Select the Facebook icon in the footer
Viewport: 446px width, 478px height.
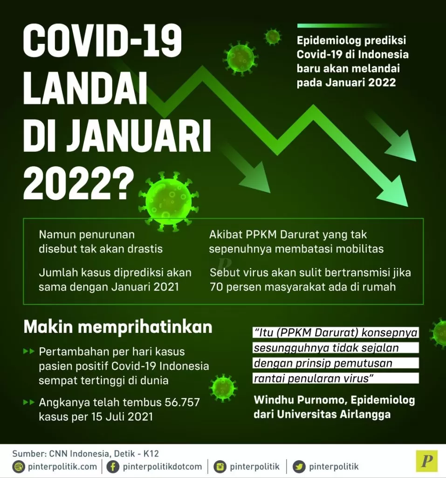coord(112,466)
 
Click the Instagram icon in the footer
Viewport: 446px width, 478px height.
coord(220,466)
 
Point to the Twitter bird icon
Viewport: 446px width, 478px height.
coord(299,466)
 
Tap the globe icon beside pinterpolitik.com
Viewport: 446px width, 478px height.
coord(19,466)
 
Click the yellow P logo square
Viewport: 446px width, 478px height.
coord(426,461)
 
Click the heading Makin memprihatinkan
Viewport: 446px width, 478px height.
coord(118,327)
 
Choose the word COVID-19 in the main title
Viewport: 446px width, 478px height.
coord(103,42)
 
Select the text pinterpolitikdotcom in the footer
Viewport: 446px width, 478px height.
coord(162,466)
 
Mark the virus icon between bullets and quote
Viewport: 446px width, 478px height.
coord(223,387)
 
